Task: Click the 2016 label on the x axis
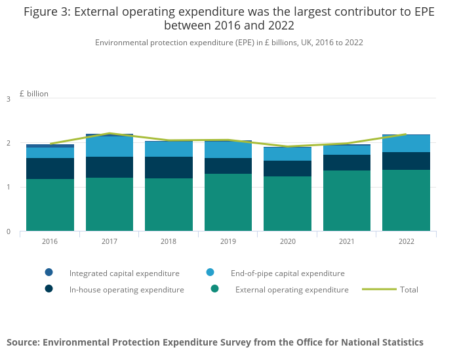(x=50, y=241)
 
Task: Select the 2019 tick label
(x=228, y=241)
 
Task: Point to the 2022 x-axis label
(x=407, y=241)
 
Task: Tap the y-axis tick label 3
(x=9, y=99)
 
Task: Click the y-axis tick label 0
(x=9, y=231)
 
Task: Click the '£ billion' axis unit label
(x=34, y=94)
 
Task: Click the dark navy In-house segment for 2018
(x=169, y=167)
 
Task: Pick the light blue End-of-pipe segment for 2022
(x=407, y=144)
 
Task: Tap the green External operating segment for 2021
(x=347, y=201)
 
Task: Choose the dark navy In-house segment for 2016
(x=50, y=169)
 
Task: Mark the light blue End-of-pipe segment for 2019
(x=228, y=150)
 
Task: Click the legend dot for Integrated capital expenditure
(x=49, y=273)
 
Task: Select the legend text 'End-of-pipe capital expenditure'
(x=287, y=273)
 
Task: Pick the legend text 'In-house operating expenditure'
(x=127, y=290)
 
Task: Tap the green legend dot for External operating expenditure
(x=214, y=289)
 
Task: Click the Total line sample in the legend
(x=379, y=289)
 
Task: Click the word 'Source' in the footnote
(x=24, y=342)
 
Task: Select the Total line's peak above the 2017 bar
(x=110, y=133)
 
